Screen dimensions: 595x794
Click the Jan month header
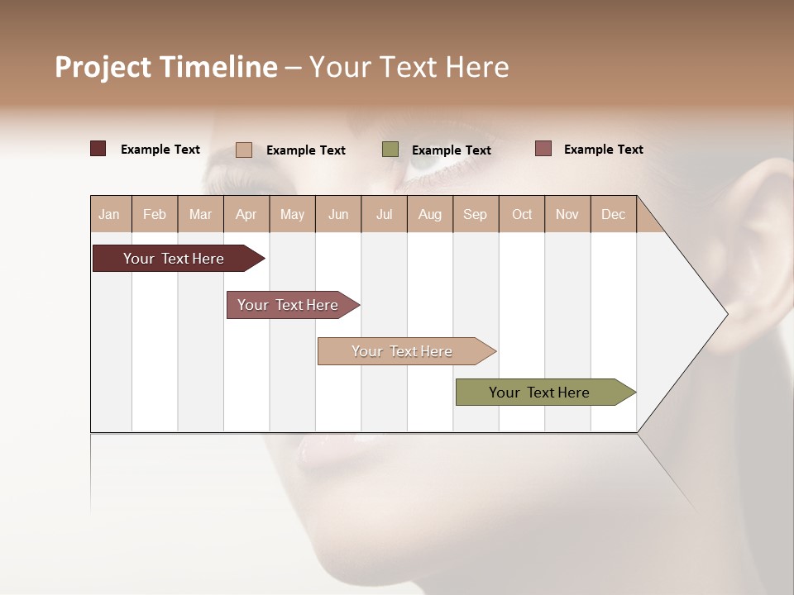click(110, 214)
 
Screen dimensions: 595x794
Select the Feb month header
click(155, 214)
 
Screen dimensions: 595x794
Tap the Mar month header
click(200, 214)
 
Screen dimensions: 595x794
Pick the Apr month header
click(246, 214)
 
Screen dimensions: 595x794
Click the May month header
click(292, 214)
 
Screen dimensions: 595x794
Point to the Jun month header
click(338, 214)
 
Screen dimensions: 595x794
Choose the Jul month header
click(384, 214)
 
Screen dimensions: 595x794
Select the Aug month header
click(430, 214)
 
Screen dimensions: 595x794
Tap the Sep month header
click(476, 214)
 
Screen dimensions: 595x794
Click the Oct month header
click(522, 214)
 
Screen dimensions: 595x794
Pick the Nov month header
click(567, 214)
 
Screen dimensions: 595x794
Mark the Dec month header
click(614, 214)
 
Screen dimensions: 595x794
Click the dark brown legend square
click(98, 149)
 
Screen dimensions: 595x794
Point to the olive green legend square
click(390, 150)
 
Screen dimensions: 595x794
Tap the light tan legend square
click(244, 150)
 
